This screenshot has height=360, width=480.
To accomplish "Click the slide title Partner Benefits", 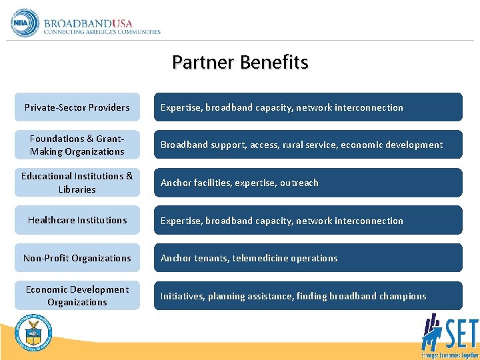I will click(240, 63).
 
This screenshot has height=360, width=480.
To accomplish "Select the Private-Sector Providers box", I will click(77, 107).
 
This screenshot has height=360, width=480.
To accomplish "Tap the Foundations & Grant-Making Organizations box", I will click(77, 145).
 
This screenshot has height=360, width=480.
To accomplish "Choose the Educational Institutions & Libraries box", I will click(77, 183).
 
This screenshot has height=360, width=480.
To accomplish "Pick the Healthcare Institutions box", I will click(77, 220).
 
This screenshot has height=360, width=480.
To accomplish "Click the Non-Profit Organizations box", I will click(77, 258).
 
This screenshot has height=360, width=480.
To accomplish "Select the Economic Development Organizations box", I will click(77, 295).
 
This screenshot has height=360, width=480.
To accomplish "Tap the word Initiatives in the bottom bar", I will click(181, 296).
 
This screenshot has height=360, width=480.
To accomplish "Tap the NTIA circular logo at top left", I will click(25, 22).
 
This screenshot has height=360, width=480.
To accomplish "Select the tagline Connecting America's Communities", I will click(102, 31).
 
